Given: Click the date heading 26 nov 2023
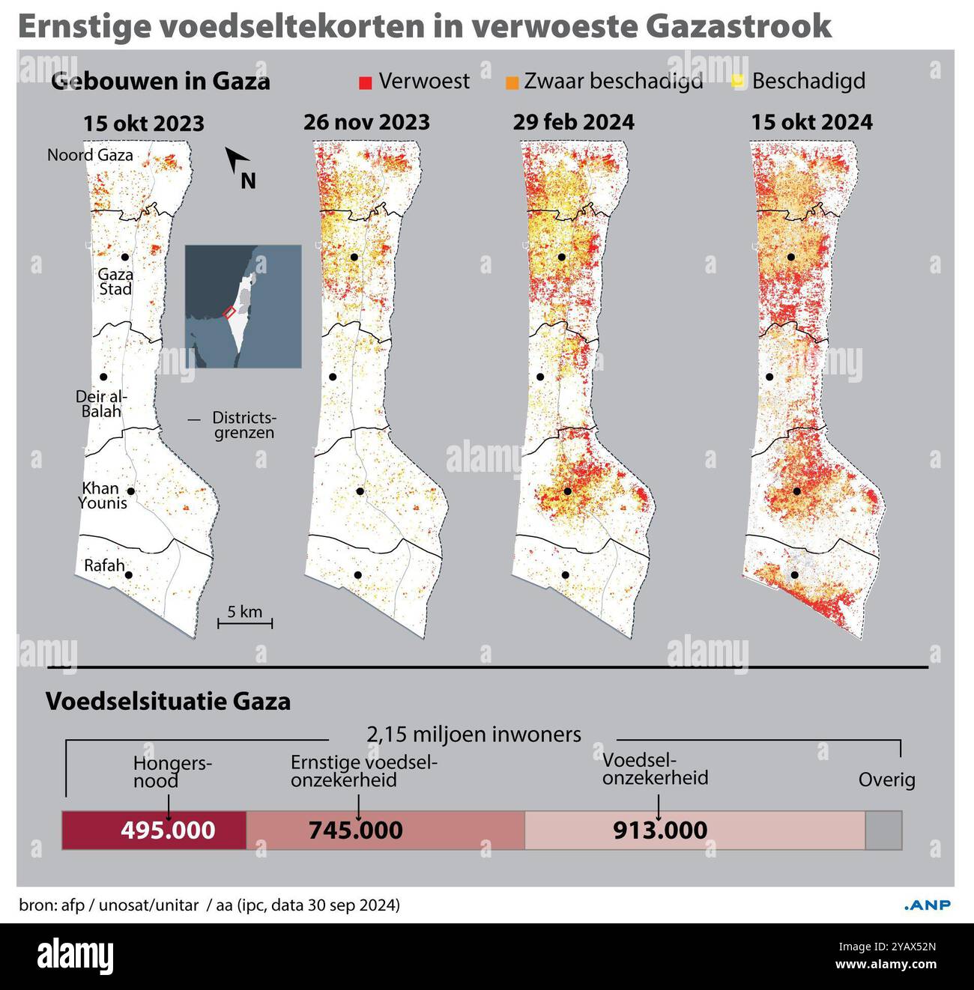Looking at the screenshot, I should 366,122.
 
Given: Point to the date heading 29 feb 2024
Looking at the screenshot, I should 573,122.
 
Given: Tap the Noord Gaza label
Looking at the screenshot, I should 90,155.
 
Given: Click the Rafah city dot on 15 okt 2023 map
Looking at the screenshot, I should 129,575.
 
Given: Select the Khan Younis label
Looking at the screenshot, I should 102,496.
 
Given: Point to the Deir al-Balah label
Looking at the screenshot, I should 100,404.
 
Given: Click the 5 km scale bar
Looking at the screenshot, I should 245,621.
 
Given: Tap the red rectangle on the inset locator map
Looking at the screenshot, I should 230,312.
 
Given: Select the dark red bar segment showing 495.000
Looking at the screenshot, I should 154,830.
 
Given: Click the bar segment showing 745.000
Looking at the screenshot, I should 385,830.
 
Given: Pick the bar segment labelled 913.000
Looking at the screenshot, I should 695,830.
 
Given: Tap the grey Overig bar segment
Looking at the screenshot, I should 883,830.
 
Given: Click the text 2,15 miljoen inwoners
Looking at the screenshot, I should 474,735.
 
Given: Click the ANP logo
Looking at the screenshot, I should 928,905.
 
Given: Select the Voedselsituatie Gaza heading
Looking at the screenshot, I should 168,702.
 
